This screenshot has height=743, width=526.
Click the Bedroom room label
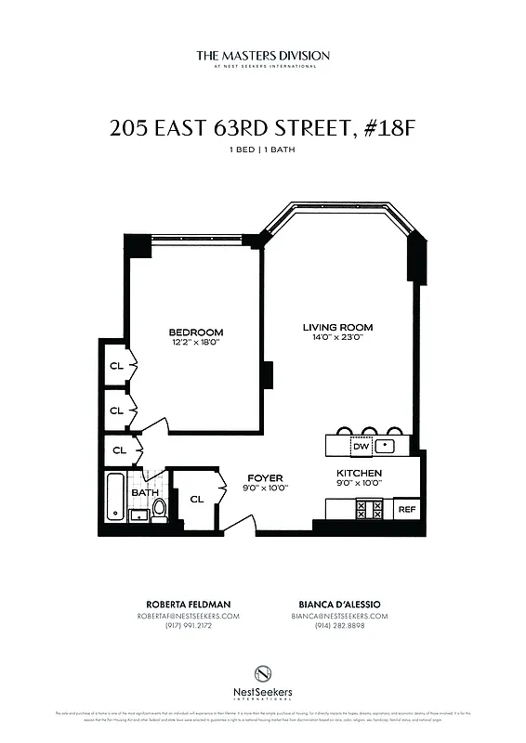pos(196,332)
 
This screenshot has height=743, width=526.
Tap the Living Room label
pos(337,327)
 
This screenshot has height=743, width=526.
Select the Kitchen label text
pos(359,473)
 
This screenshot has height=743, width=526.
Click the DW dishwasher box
pos(362,447)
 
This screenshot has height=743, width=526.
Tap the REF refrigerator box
pos(406,509)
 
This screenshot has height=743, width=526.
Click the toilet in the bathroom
pos(159,508)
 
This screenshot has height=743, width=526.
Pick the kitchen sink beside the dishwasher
pos(390,447)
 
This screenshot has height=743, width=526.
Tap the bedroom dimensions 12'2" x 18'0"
pos(196,343)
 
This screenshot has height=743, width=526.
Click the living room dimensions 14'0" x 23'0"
pos(337,338)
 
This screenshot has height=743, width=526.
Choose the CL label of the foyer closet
pos(196,499)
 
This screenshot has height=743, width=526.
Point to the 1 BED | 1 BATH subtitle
pos(263,150)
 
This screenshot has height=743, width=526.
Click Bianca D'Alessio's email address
pos(338,616)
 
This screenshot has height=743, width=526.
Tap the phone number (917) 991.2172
pos(187,626)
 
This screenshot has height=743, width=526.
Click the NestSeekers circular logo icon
pos(263,672)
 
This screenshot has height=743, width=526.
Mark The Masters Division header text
pos(263,56)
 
